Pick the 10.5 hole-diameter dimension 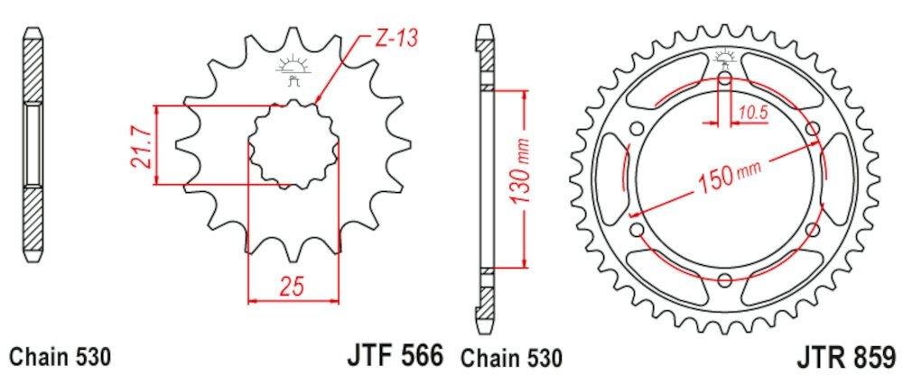coord(752,112)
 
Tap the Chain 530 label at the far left coord(60,354)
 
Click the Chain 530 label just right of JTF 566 coord(513,354)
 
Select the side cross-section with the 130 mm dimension coord(484,180)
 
